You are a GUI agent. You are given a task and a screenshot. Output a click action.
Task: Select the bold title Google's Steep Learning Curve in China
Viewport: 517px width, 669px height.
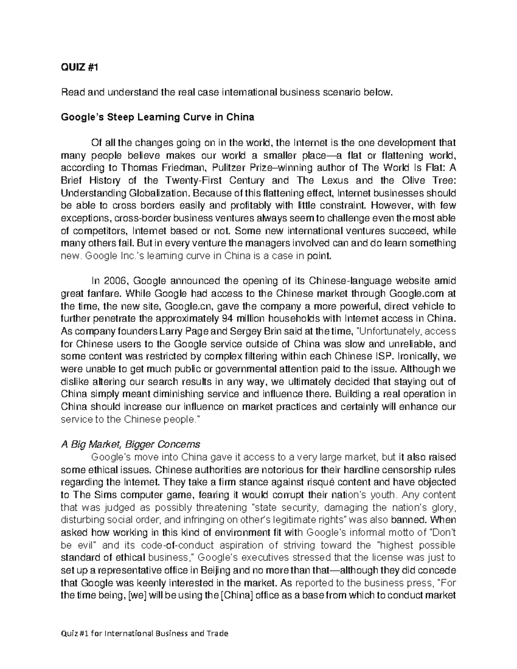[x=158, y=117]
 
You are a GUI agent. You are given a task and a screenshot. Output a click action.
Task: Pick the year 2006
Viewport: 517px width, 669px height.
[x=115, y=281]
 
